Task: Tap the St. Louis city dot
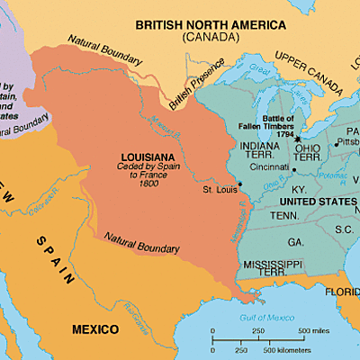click(x=240, y=184)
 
